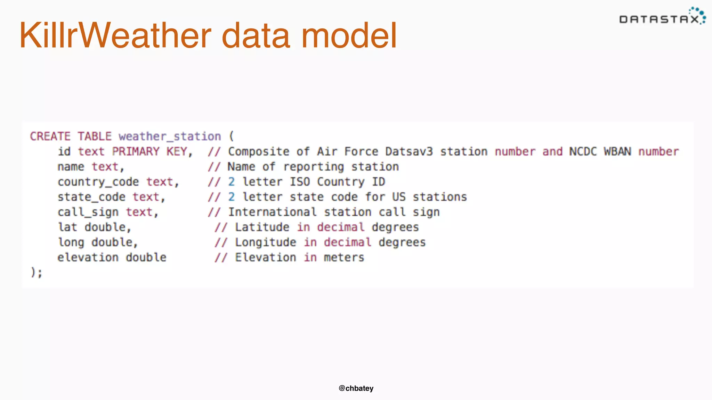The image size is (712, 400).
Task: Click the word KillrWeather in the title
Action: [x=115, y=35]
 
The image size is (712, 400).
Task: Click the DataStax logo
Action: [x=662, y=17]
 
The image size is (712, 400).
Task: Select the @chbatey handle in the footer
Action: [x=356, y=388]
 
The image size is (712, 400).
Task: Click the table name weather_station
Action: [x=170, y=136]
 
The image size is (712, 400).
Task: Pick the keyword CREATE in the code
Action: [x=50, y=136]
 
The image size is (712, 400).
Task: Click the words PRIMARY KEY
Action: [x=150, y=152]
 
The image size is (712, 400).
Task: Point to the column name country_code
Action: [x=98, y=182]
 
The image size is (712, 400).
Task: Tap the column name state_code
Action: [x=91, y=197]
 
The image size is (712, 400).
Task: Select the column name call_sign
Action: [x=88, y=212]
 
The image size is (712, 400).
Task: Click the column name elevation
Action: [x=88, y=258]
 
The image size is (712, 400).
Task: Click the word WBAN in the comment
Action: [x=617, y=152]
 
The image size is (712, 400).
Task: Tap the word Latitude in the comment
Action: [x=262, y=227]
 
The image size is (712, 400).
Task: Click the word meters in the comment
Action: [x=344, y=258]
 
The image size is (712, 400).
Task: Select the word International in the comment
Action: [x=272, y=212]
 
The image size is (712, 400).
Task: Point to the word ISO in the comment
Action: [x=300, y=182]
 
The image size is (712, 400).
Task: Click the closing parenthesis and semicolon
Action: [x=37, y=273]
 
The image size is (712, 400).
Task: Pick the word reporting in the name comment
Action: [x=314, y=167]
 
